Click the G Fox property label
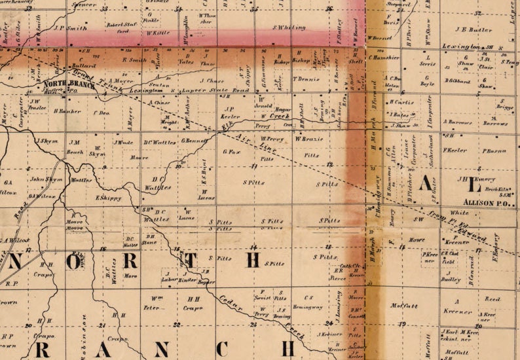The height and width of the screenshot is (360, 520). pyautogui.click(x=229, y=152)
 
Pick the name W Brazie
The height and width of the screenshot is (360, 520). pyautogui.click(x=306, y=139)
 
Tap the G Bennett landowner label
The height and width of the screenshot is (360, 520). pyautogui.click(x=195, y=141)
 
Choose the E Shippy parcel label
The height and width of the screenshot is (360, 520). pyautogui.click(x=109, y=198)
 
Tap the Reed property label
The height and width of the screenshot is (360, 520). pyautogui.click(x=492, y=298)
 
